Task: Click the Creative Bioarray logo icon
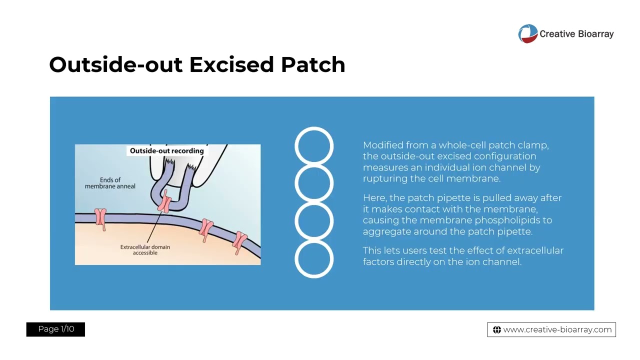(x=527, y=34)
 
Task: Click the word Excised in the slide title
(x=231, y=65)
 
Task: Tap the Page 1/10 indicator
(x=55, y=329)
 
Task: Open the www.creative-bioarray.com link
(x=557, y=329)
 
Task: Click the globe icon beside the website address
(x=496, y=329)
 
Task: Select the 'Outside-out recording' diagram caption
(x=166, y=150)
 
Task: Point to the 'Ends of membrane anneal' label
(x=110, y=183)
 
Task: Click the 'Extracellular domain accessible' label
(x=145, y=249)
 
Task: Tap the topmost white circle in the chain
(x=314, y=146)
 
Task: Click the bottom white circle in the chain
(x=314, y=258)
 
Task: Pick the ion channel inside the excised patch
(x=165, y=202)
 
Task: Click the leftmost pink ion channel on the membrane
(x=100, y=218)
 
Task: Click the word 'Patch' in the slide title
(x=312, y=65)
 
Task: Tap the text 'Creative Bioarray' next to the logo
(x=576, y=34)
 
